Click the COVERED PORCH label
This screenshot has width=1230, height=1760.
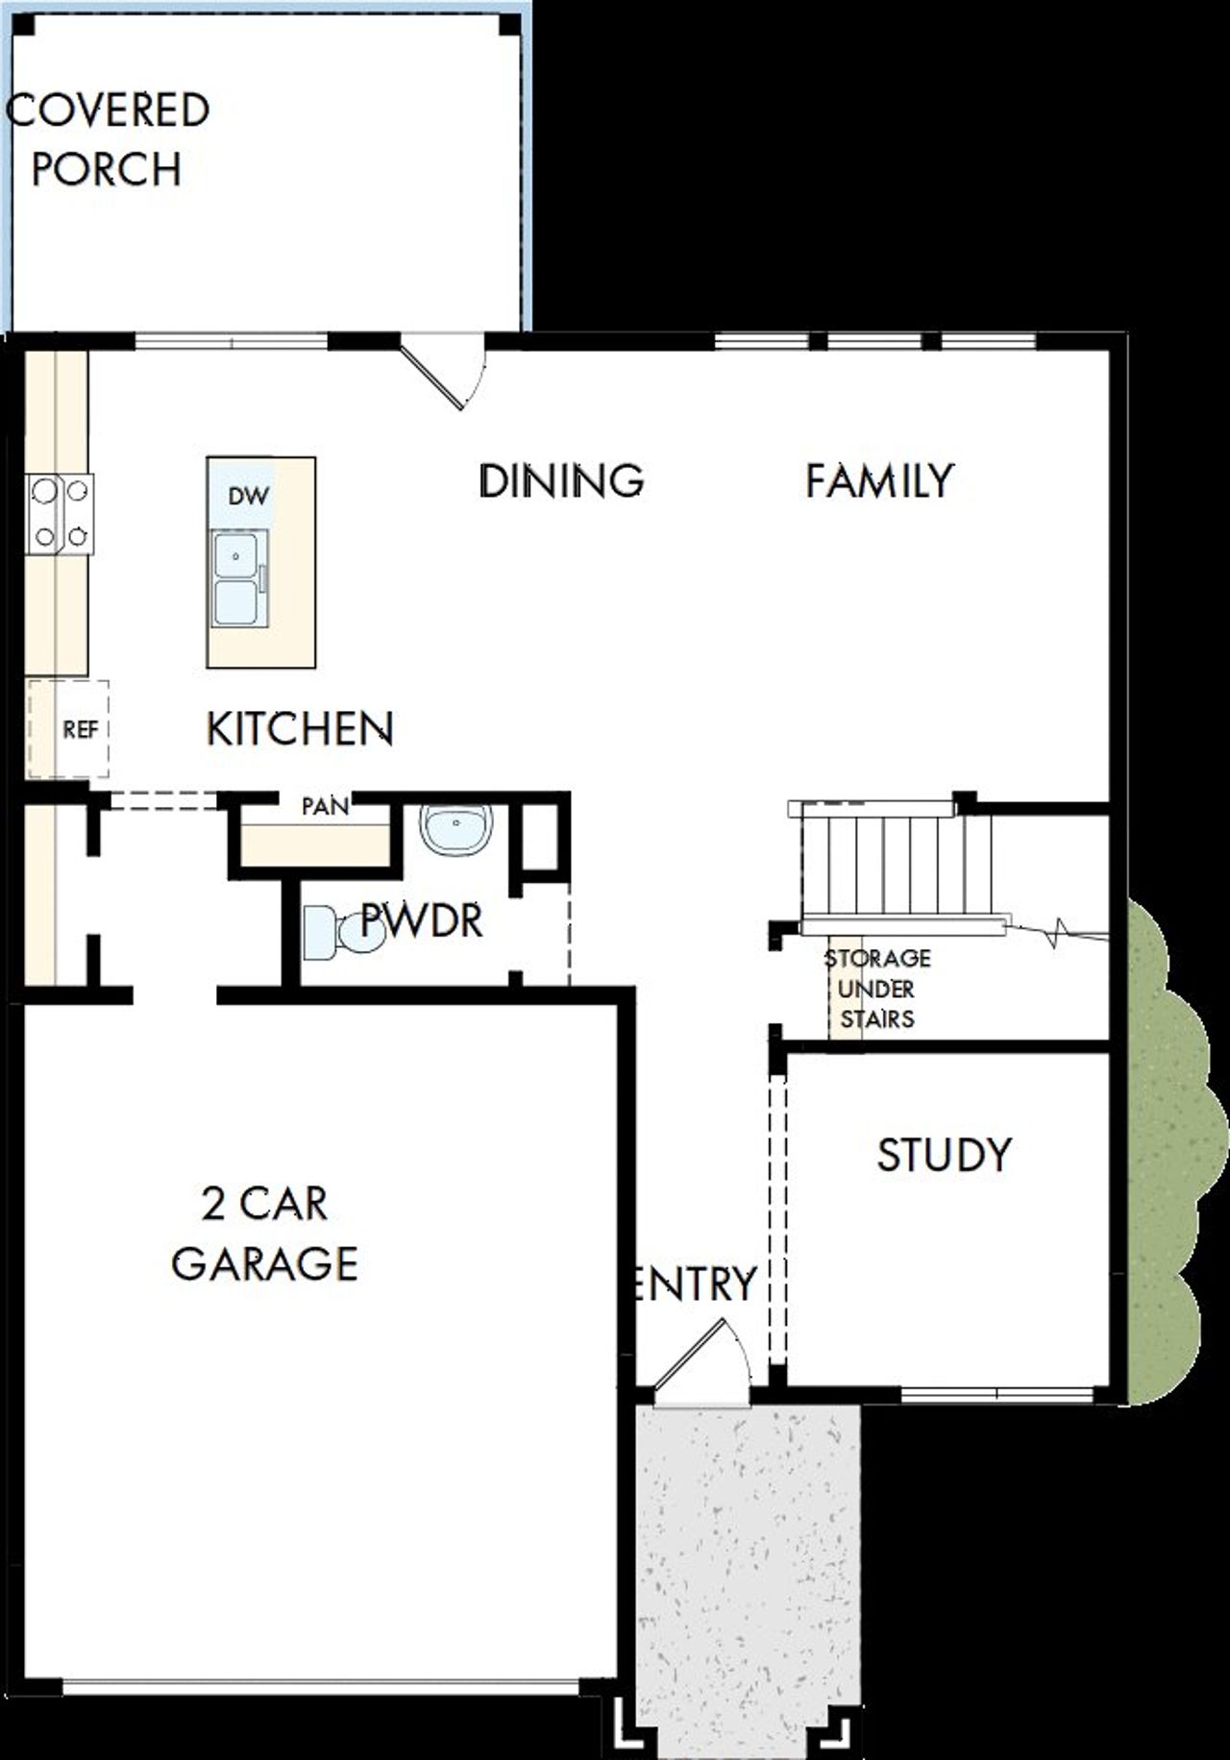point(108,139)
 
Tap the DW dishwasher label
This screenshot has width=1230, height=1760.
point(248,496)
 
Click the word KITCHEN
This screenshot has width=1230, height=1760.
point(300,729)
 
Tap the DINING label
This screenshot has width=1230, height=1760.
point(561,480)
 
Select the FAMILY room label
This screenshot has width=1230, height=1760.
point(879,480)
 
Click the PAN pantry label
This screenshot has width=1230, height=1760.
point(325,806)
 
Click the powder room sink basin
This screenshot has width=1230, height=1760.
point(456,827)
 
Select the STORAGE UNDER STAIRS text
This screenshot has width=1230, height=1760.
point(876,989)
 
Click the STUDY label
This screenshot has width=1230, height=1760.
point(944,1155)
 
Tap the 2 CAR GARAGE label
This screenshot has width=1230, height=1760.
point(264,1234)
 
